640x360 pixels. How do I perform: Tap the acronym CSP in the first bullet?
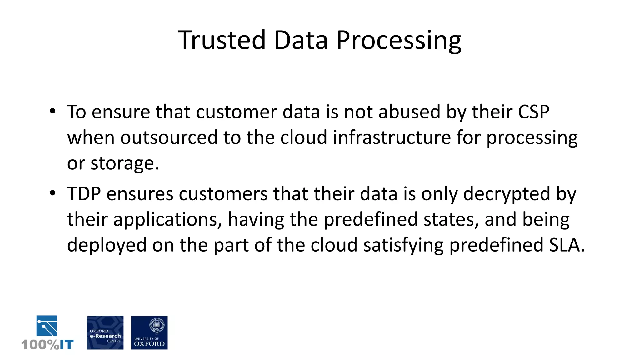pyautogui.click(x=533, y=112)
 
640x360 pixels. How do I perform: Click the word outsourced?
pyautogui.click(x=169, y=137)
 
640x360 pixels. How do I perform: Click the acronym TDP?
pyautogui.click(x=84, y=194)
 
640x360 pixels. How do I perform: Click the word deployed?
pyautogui.click(x=107, y=245)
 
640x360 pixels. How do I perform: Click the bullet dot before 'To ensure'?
pyautogui.click(x=52, y=111)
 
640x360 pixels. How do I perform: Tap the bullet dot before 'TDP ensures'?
pyautogui.click(x=52, y=193)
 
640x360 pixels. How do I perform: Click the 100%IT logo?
pyautogui.click(x=47, y=333)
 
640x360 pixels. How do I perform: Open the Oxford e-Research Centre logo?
pyautogui.click(x=105, y=332)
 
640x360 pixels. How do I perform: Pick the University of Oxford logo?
pyautogui.click(x=149, y=332)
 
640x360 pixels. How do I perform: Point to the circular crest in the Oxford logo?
pyautogui.click(x=157, y=325)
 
